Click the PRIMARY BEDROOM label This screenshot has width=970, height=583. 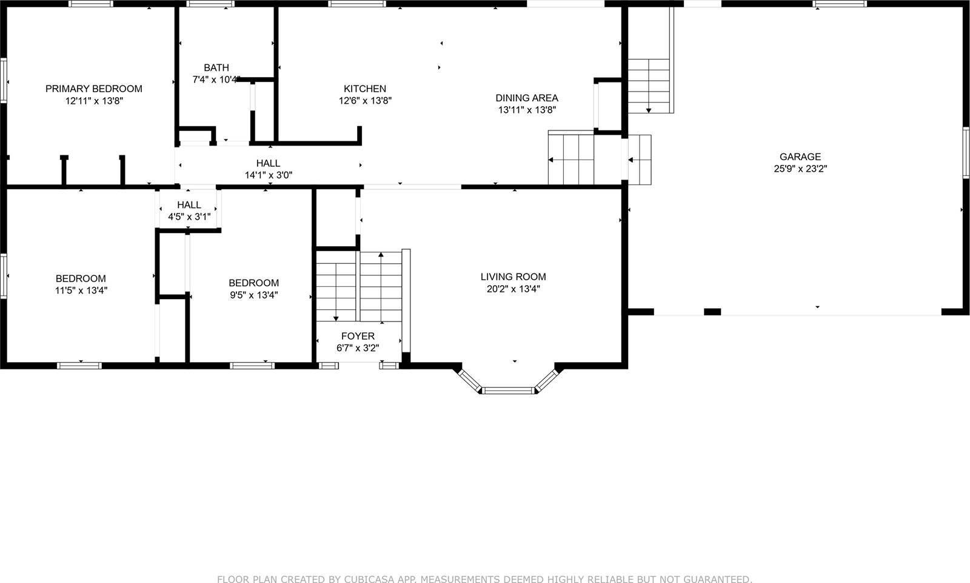(x=94, y=89)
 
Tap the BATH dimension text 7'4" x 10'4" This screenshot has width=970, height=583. (x=216, y=79)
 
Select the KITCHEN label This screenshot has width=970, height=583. (x=365, y=89)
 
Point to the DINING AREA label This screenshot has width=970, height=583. (x=527, y=98)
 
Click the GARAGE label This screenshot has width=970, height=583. (x=800, y=157)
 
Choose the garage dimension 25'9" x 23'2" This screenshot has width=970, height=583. (x=800, y=169)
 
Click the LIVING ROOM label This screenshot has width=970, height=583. (x=513, y=277)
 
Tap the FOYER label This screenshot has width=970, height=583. (x=358, y=336)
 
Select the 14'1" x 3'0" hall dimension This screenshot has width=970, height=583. (x=268, y=175)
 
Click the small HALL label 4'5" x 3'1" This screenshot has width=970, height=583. (x=189, y=205)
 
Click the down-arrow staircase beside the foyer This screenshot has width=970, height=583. (x=336, y=285)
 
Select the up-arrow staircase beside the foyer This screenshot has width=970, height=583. (x=381, y=285)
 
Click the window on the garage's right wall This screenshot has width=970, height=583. (x=966, y=152)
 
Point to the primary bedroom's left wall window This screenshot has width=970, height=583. (x=4, y=79)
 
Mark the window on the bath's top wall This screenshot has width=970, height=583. (x=210, y=4)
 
